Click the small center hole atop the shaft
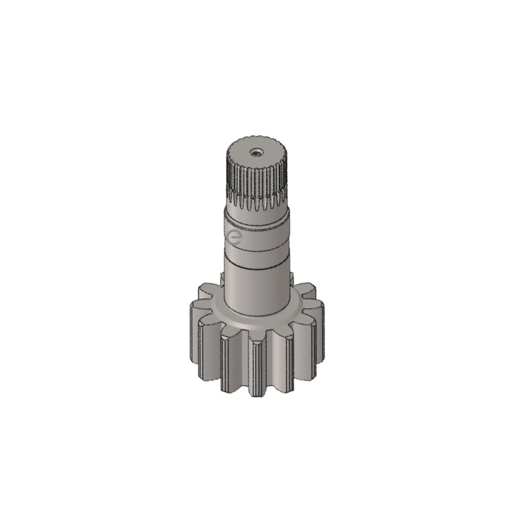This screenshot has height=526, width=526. (256, 153)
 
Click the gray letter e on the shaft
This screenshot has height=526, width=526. (234, 237)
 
